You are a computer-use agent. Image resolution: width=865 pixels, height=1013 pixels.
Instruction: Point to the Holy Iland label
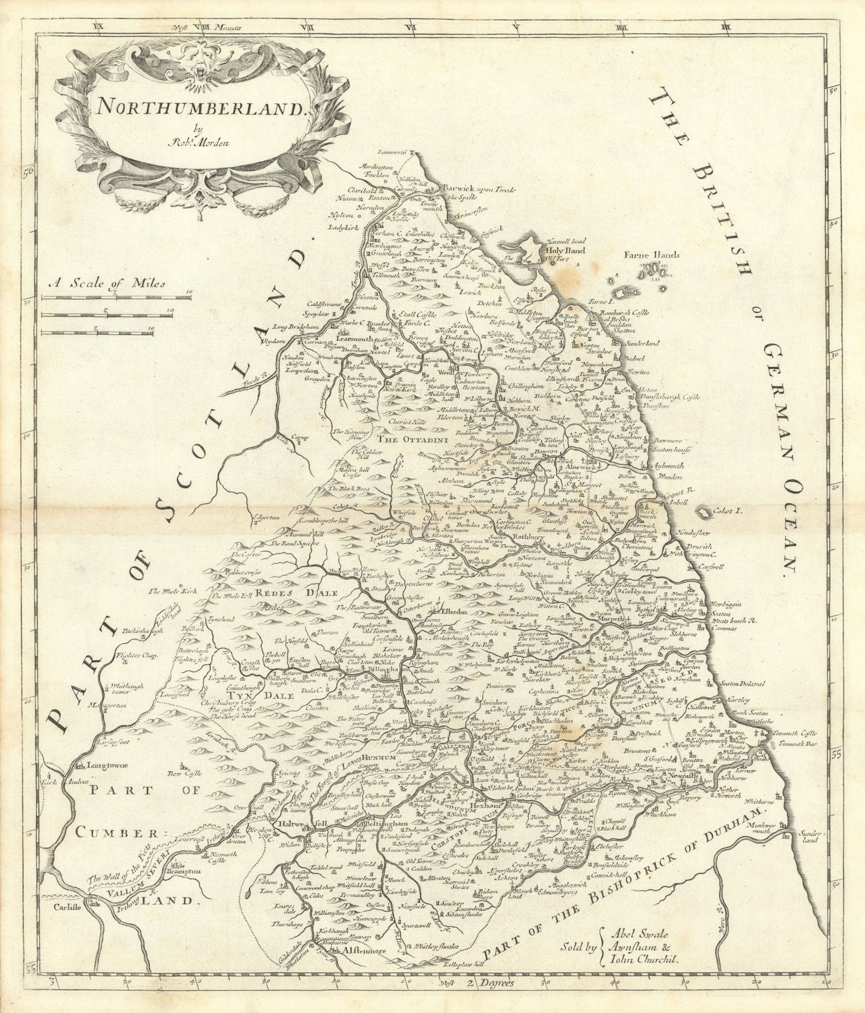560,249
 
